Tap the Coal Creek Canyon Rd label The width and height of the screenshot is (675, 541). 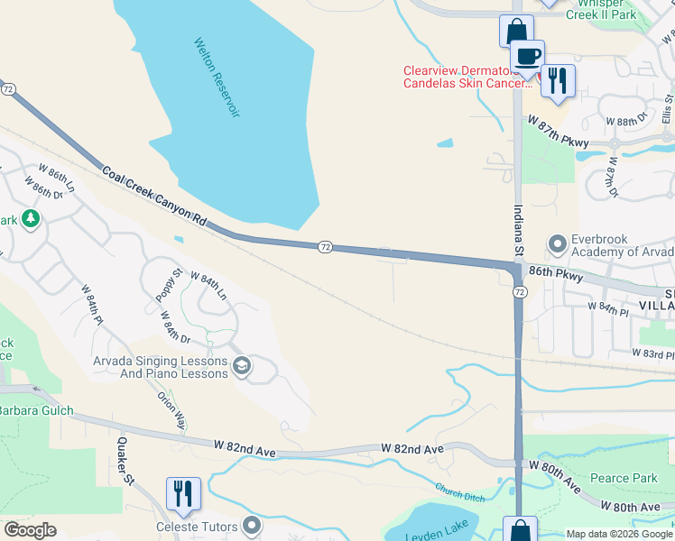[x=154, y=196]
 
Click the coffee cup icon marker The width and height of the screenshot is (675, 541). [x=528, y=56]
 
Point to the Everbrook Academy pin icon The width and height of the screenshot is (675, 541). [x=557, y=243]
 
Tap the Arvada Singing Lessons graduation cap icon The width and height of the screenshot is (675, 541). [x=241, y=365]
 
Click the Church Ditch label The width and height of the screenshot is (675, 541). [x=460, y=493]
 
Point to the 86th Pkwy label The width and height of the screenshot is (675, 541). [x=557, y=273]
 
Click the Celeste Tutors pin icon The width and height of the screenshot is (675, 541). [x=252, y=525]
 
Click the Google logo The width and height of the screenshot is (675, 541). [x=30, y=530]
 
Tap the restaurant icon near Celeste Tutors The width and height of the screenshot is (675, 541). [x=183, y=492]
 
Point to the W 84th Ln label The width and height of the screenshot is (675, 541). [x=208, y=289]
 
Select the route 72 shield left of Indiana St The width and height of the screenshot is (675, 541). [x=326, y=246]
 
